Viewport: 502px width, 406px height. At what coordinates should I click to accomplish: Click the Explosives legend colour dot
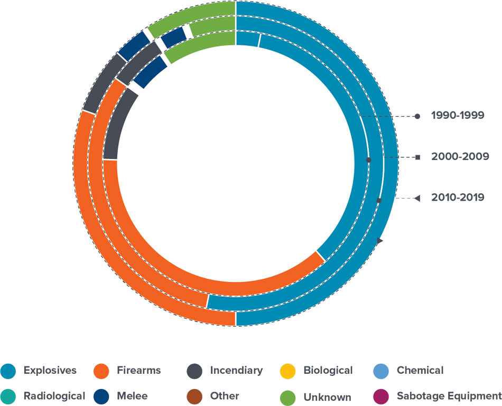point(9,371)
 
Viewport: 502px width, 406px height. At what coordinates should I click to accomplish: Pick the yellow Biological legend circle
point(289,371)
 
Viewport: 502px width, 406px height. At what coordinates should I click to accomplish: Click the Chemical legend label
point(420,371)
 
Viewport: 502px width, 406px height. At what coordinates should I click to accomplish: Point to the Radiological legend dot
point(9,396)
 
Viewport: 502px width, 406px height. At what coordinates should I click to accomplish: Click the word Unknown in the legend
point(327,396)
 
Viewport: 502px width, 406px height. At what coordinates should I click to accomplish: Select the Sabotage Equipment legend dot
point(382,396)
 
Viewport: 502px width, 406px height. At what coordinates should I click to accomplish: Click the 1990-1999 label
point(458,116)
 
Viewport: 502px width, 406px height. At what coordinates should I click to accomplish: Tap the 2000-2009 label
point(458,157)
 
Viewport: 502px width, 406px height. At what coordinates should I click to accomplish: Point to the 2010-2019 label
point(458,198)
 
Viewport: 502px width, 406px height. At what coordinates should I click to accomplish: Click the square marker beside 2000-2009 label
point(417,157)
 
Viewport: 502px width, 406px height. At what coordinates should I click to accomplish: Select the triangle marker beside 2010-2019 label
point(417,198)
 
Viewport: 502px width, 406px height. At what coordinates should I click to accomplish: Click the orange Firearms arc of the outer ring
point(106,248)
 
